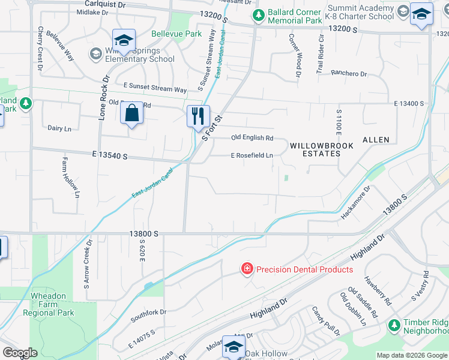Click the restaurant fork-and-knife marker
pos(198,116)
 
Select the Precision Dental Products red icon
pos(247,269)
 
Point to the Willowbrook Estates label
pos(315,149)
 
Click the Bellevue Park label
pos(176,34)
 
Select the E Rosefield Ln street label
pos(252,156)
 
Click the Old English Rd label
pos(252,138)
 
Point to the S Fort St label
pos(212,128)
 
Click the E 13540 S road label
pos(111,155)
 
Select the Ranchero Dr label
pos(350,74)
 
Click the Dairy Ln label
pos(59,128)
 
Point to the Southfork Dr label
pos(148,312)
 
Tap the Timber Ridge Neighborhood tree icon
pos(394,325)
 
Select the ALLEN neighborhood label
pos(376,140)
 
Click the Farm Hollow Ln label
pos(70,177)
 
